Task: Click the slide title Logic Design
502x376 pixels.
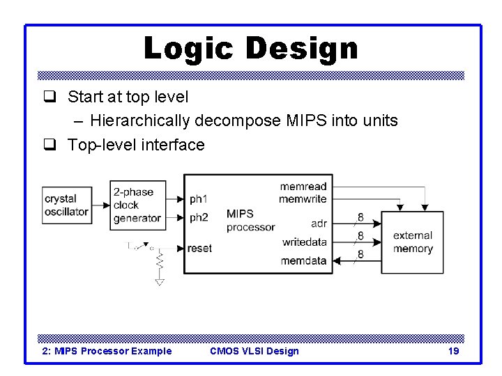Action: tap(250, 49)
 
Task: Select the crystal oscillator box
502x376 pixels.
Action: tap(66, 205)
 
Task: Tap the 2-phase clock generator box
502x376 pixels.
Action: tap(137, 205)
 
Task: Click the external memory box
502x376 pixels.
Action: tap(413, 242)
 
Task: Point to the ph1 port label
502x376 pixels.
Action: tap(199, 198)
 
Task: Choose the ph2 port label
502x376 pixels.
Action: tap(199, 217)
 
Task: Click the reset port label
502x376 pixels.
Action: tap(200, 249)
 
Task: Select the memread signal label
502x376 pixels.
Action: tap(303, 187)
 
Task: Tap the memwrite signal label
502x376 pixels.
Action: tap(303, 198)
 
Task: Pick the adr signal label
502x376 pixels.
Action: tap(319, 224)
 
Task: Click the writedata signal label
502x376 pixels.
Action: tap(305, 242)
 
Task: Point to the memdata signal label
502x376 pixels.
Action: tap(304, 260)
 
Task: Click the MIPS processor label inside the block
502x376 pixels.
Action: tap(250, 220)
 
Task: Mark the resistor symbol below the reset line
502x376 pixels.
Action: tap(160, 263)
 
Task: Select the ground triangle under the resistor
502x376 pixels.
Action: tap(160, 282)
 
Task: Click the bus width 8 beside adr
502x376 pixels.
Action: tap(360, 217)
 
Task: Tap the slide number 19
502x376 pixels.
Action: tap(453, 351)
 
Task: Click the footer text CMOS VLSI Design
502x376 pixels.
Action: tap(254, 351)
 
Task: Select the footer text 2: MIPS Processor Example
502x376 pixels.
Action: tap(107, 351)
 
